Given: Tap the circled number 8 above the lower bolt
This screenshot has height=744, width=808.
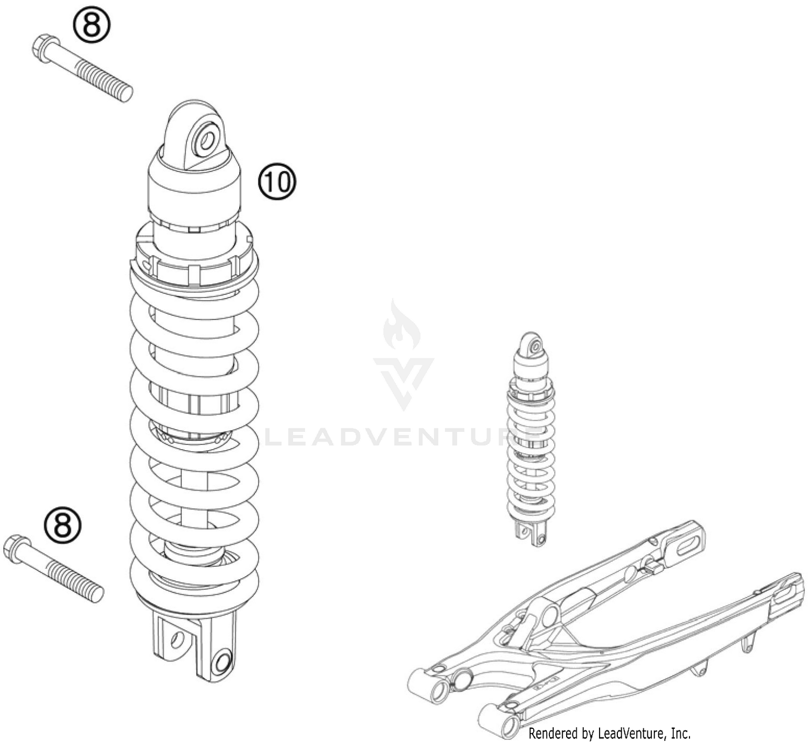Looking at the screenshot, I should [x=62, y=525].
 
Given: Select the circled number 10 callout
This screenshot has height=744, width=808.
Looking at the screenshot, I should [x=277, y=182].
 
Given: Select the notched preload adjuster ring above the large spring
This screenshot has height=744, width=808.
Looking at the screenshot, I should [x=194, y=256].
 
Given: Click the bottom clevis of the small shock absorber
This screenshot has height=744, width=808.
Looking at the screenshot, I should [x=531, y=532].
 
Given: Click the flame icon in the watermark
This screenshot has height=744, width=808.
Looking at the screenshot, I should [x=401, y=326].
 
